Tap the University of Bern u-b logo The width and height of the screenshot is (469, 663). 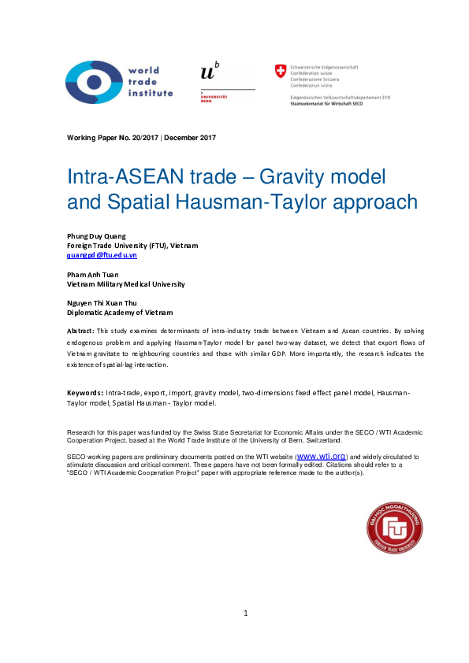pyautogui.click(x=209, y=72)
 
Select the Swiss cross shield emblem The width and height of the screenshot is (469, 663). pyautogui.click(x=279, y=72)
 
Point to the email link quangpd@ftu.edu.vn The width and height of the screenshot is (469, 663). pyautogui.click(x=102, y=255)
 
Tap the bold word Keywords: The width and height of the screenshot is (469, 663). pyautogui.click(x=84, y=391)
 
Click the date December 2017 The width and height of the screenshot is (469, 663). pyautogui.click(x=190, y=138)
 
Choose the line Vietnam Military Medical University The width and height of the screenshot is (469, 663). pyautogui.click(x=126, y=284)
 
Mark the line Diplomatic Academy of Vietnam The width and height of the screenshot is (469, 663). pyautogui.click(x=120, y=313)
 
